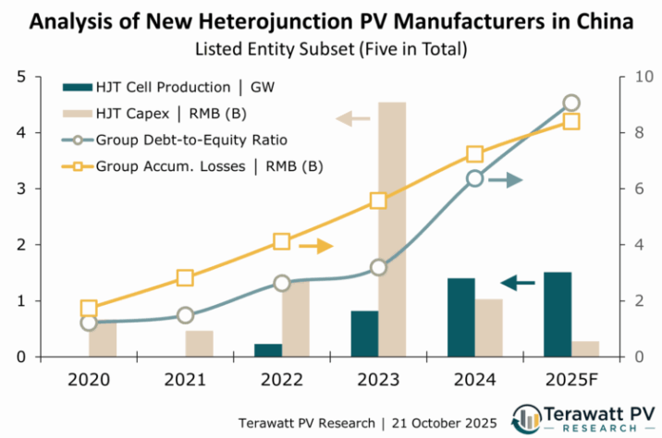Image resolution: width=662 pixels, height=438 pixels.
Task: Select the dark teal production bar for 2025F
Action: (x=557, y=314)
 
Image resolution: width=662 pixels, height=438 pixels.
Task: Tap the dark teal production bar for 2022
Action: (x=268, y=350)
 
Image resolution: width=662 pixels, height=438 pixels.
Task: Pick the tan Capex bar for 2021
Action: (x=199, y=344)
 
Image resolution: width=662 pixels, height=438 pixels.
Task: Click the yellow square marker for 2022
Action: (x=282, y=242)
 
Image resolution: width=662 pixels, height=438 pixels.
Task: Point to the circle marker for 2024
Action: (x=474, y=178)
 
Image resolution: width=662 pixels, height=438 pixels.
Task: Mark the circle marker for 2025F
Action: (x=571, y=103)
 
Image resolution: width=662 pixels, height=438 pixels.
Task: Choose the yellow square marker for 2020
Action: (x=89, y=309)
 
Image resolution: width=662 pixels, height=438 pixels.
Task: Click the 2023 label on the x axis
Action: (x=378, y=379)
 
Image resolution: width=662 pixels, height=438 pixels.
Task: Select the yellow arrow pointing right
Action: (x=315, y=246)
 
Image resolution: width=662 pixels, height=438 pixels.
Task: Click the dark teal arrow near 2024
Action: (x=518, y=282)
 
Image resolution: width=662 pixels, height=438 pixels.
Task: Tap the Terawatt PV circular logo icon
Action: (x=528, y=418)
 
